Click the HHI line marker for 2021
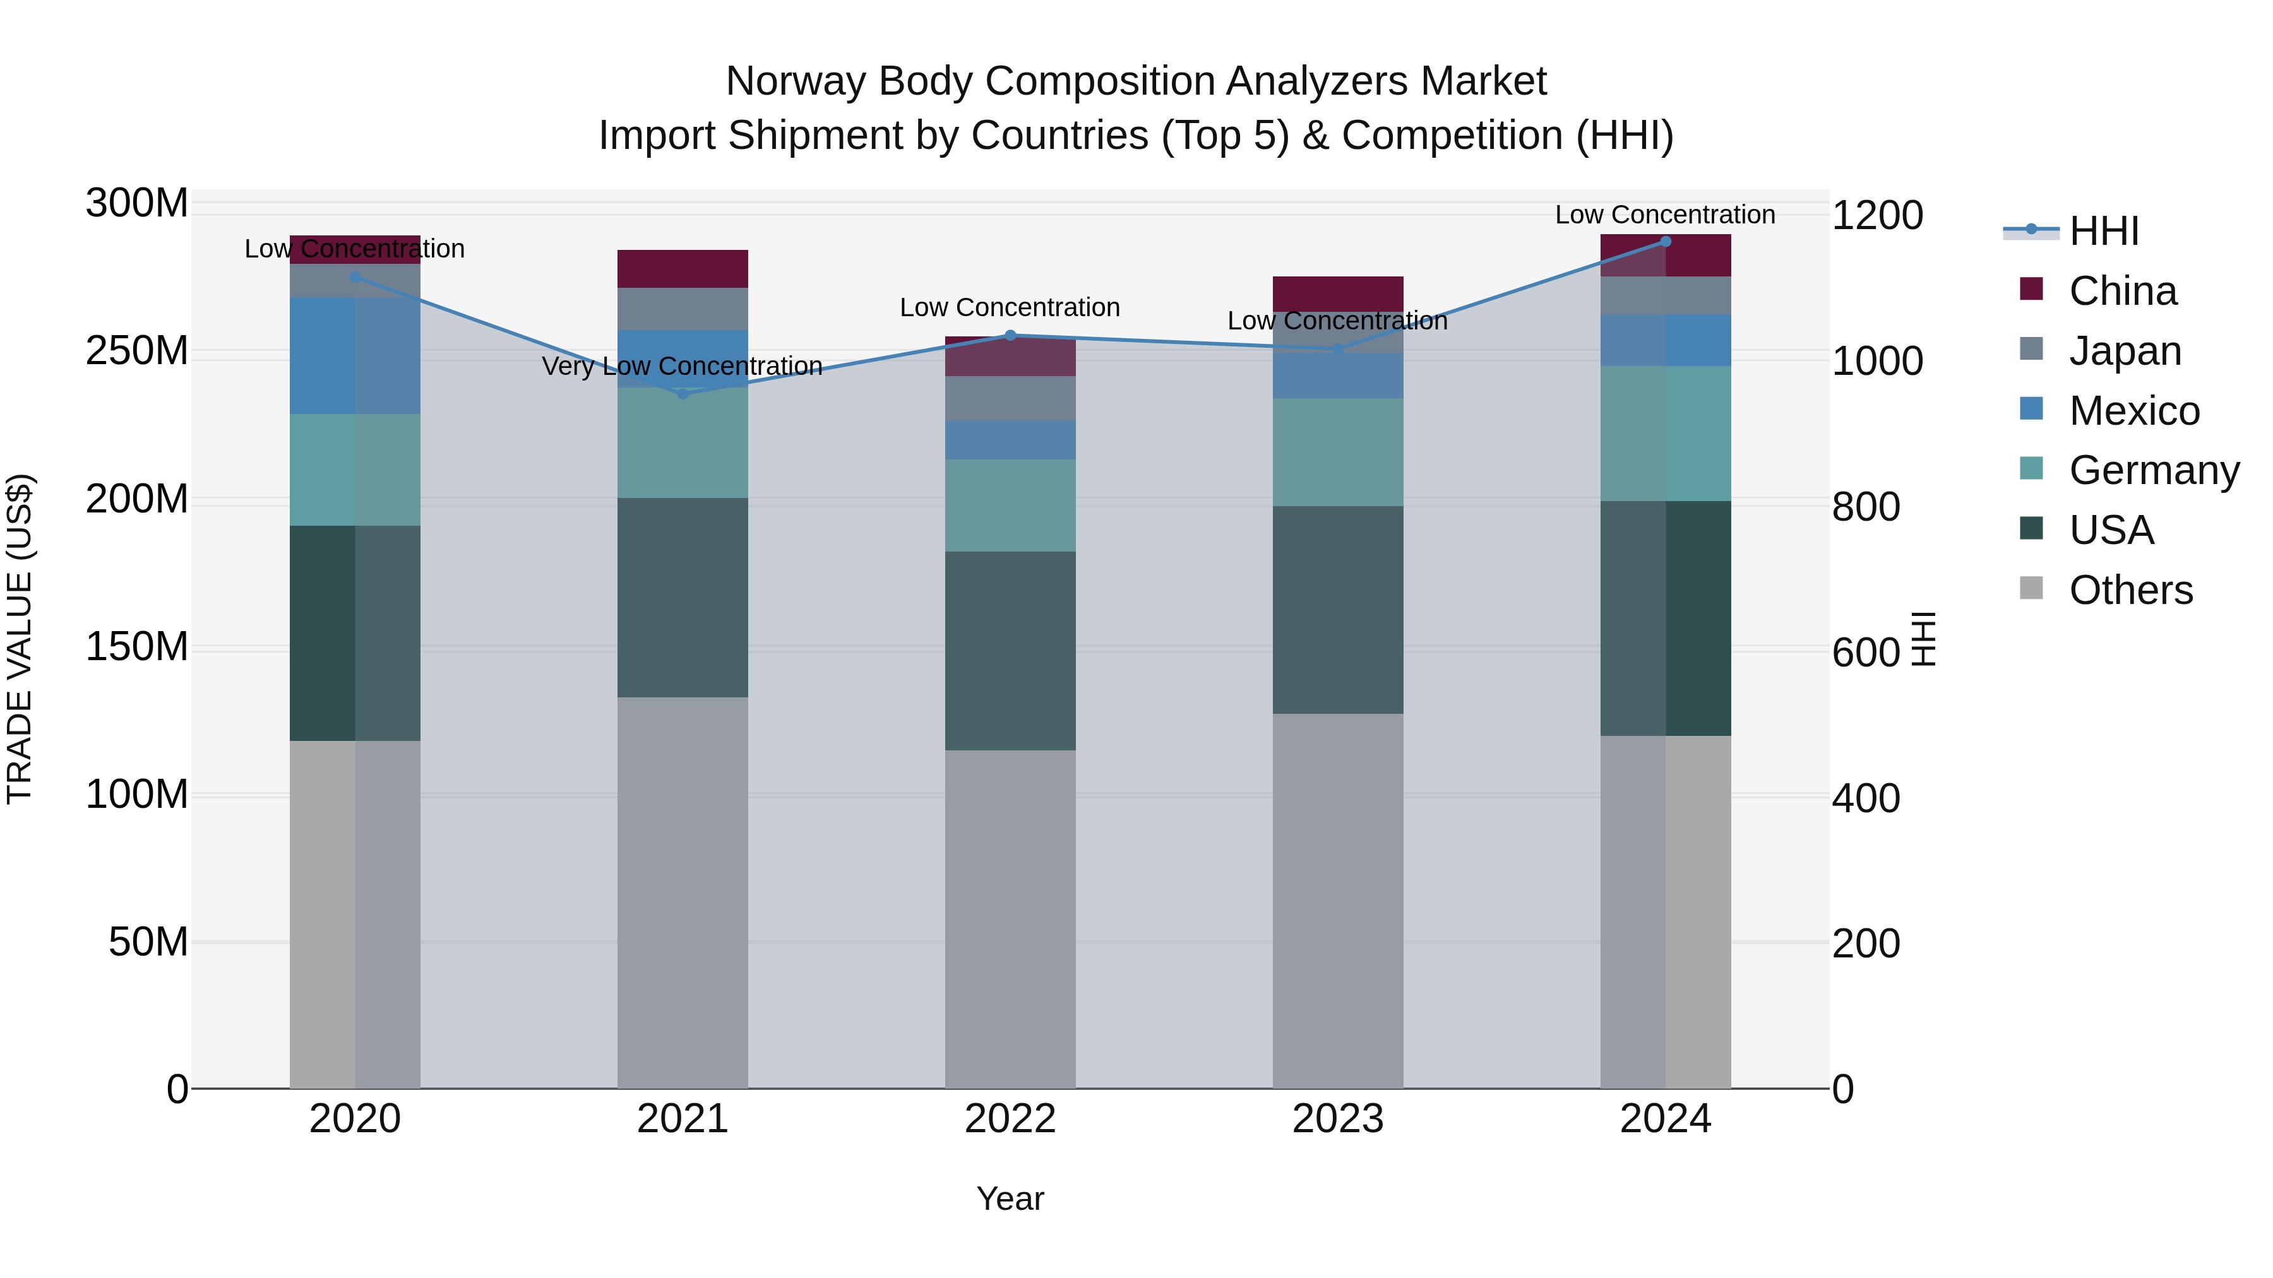pos(682,393)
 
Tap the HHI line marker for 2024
pos(1665,241)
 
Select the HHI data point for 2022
pos(1010,335)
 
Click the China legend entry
pos(2122,291)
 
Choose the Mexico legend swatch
pos(2031,409)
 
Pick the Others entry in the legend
pos(2130,590)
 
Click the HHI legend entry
pos(2104,231)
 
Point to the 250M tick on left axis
pos(137,351)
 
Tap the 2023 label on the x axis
pos(1338,1119)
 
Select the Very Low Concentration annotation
pos(682,366)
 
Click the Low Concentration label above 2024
pos(1665,215)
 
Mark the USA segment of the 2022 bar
pos(1010,651)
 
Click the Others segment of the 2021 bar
pos(682,892)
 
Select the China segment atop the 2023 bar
pos(1338,293)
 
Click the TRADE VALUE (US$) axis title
pos(20,639)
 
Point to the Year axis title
pos(1010,1198)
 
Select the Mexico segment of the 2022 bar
pos(1010,439)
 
